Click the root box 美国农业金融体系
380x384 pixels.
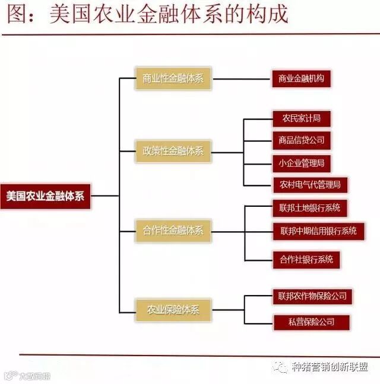click(46, 195)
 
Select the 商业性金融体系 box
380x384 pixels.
click(173, 78)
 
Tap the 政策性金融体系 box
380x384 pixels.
click(173, 151)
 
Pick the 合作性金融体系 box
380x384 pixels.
click(173, 230)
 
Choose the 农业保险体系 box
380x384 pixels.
click(173, 309)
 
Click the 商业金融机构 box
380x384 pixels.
click(301, 78)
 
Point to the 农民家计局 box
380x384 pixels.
click(301, 119)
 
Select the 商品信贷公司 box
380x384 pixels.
click(301, 140)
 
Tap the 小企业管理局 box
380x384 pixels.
click(301, 162)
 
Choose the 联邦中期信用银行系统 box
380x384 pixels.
click(318, 231)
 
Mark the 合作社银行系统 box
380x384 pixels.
click(306, 259)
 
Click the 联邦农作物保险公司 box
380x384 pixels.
click(312, 295)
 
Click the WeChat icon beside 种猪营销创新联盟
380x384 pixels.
click(279, 367)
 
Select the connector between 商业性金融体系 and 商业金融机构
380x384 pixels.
click(240, 78)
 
